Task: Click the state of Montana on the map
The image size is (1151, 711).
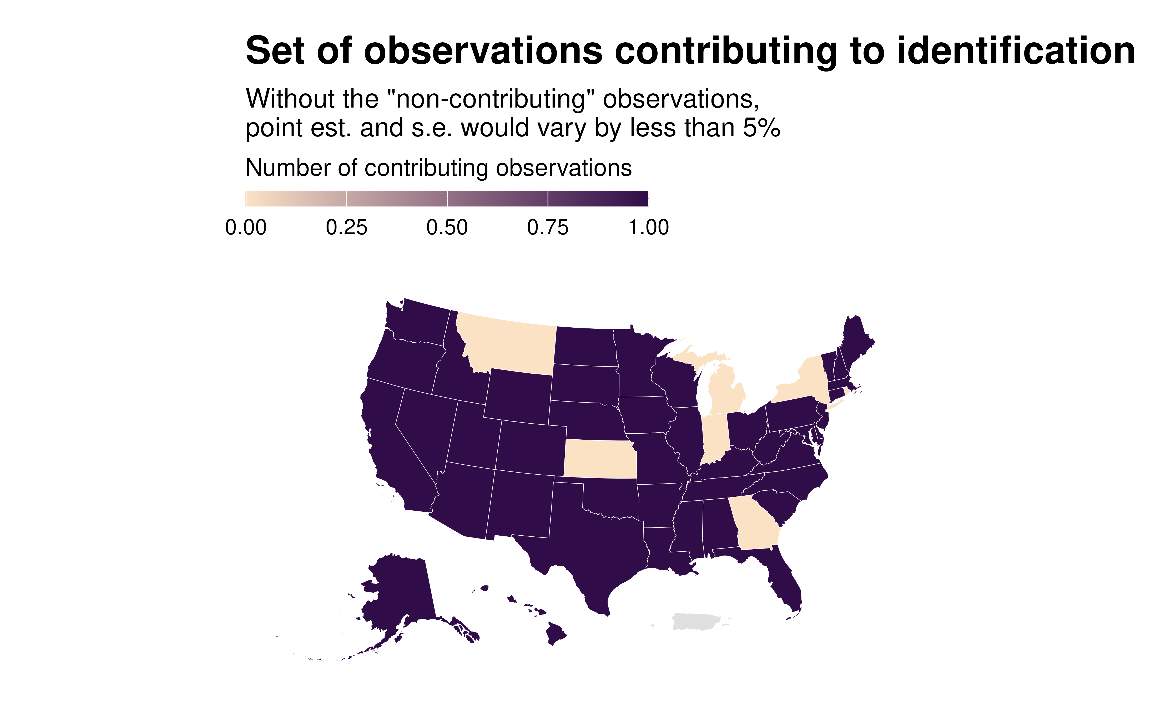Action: pyautogui.click(x=508, y=346)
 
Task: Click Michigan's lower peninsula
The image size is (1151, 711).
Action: pyautogui.click(x=724, y=390)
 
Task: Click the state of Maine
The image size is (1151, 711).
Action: pyautogui.click(x=856, y=341)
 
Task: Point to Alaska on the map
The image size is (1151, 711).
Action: pyautogui.click(x=400, y=592)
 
